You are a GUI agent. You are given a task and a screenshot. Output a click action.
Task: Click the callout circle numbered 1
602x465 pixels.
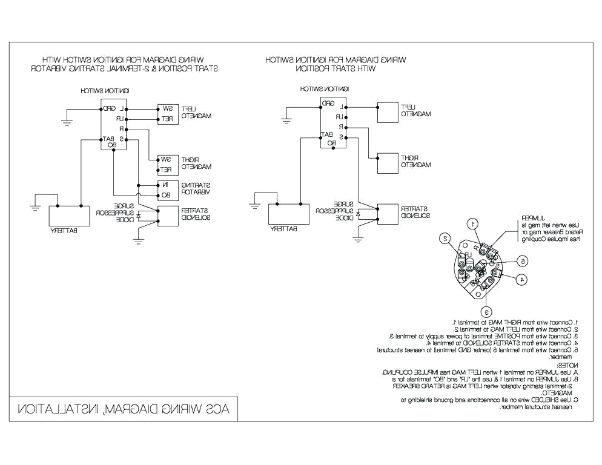[476, 223]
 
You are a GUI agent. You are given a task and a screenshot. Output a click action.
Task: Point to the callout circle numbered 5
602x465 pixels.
[522, 261]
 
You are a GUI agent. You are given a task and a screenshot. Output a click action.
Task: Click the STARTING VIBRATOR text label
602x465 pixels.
[194, 188]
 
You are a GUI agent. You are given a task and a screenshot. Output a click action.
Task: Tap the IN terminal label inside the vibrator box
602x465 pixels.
[166, 185]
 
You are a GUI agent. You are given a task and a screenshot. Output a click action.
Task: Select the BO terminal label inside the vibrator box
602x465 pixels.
[166, 195]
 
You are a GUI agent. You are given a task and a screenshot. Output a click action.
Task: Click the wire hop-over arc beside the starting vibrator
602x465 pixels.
[139, 195]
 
